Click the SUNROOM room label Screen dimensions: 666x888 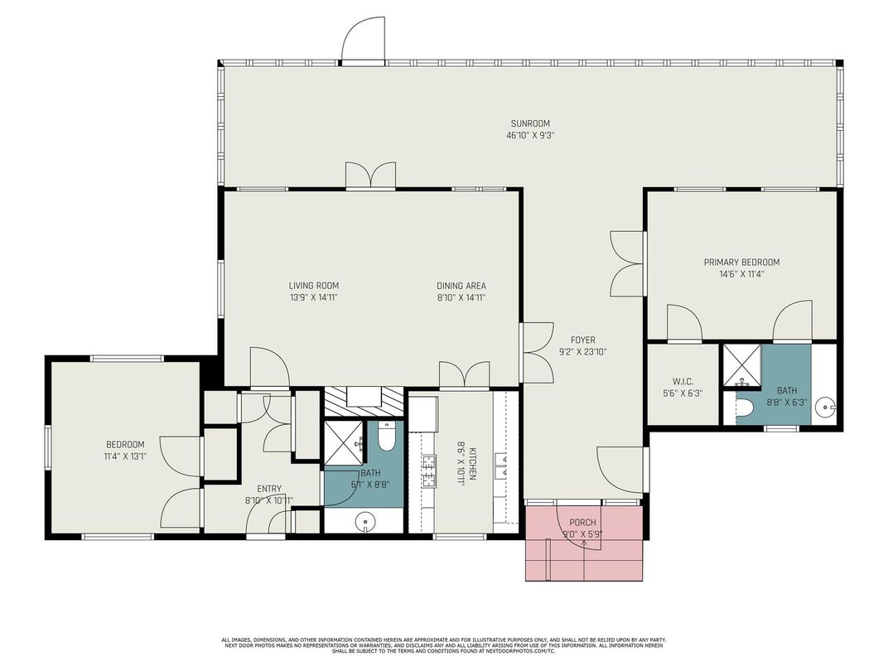pyautogui.click(x=529, y=124)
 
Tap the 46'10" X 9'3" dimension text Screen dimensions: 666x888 pyautogui.click(x=529, y=135)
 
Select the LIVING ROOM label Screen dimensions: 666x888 pyautogui.click(x=307, y=286)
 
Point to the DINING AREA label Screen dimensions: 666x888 pyautogui.click(x=461, y=286)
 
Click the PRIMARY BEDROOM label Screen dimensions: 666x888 pyautogui.click(x=741, y=263)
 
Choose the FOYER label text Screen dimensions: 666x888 pyautogui.click(x=582, y=340)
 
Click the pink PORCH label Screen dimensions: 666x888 pyautogui.click(x=582, y=523)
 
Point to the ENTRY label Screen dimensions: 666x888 pyautogui.click(x=268, y=489)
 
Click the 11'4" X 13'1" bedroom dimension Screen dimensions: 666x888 pyautogui.click(x=125, y=456)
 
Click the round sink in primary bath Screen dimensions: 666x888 pyautogui.click(x=825, y=408)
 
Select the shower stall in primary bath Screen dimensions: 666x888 pyautogui.click(x=741, y=365)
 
